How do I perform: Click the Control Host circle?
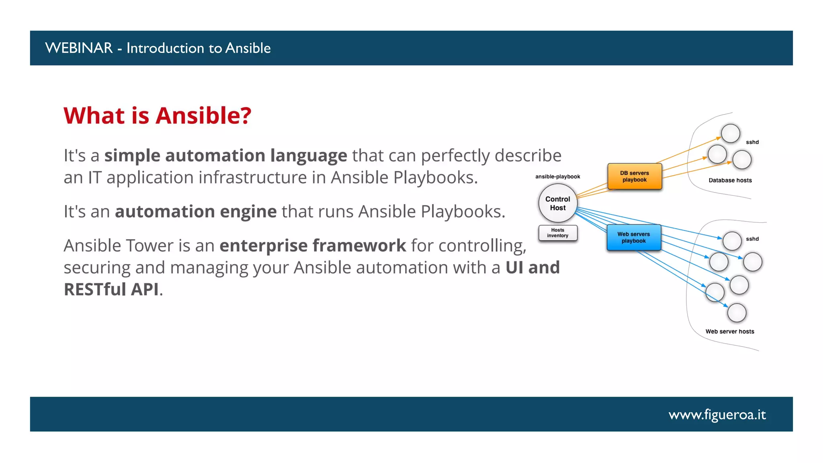pos(558,203)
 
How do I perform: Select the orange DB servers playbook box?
pos(635,176)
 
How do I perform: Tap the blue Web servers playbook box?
pos(634,238)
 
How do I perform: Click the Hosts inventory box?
pos(558,233)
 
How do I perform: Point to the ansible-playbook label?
pos(557,176)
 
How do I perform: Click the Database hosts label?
pos(730,180)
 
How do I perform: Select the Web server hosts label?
pos(730,332)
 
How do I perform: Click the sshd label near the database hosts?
pos(752,142)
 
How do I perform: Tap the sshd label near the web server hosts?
pos(752,239)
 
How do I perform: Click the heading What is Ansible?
pos(158,116)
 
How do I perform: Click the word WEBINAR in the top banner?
pos(79,48)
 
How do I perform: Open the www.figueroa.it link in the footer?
pos(717,414)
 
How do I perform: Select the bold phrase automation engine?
pos(196,211)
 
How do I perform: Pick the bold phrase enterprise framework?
pos(313,246)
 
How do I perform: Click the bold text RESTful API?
pos(111,289)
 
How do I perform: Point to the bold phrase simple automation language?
pos(225,156)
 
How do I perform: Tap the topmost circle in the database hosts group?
pos(730,133)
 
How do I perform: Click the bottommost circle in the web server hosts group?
pos(737,313)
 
